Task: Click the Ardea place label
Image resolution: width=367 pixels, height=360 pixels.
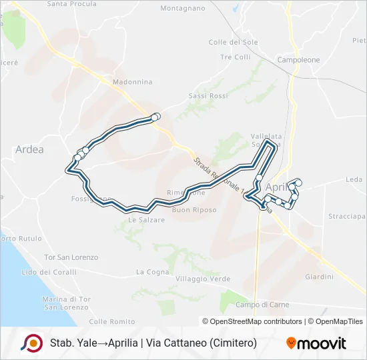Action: [29, 149]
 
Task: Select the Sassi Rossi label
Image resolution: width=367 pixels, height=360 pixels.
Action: [208, 96]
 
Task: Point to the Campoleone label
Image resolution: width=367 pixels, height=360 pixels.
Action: [298, 60]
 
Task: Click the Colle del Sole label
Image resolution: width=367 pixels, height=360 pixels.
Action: [233, 42]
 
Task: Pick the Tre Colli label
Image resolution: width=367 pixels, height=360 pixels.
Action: [235, 57]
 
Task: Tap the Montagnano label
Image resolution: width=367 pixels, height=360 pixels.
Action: [183, 9]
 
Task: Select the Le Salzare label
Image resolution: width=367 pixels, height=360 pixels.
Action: [146, 220]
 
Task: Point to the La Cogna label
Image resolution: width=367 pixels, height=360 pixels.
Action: [153, 272]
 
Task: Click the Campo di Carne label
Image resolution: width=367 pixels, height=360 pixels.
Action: [262, 305]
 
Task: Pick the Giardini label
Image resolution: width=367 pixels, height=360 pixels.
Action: [318, 277]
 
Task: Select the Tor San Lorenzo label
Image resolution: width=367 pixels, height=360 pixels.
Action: [71, 257]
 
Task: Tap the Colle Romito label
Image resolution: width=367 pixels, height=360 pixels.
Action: [107, 321]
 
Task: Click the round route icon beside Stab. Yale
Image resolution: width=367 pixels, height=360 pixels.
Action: [31, 343]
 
